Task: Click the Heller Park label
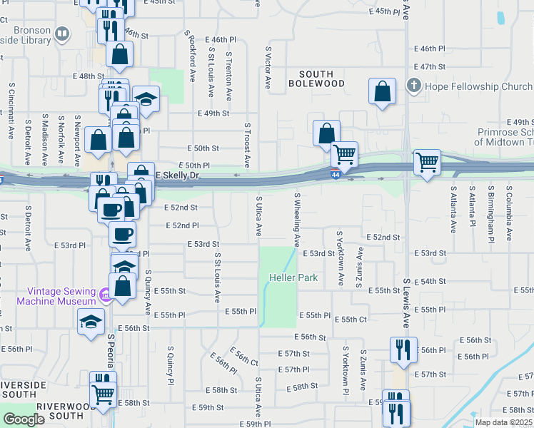click(293, 277)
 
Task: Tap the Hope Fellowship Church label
click(478, 87)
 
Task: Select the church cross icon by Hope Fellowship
click(413, 87)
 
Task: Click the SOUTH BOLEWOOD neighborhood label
click(321, 78)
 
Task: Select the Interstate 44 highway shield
click(335, 174)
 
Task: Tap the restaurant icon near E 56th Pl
click(403, 350)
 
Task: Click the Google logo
click(24, 419)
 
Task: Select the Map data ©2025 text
click(503, 422)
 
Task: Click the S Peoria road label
click(111, 350)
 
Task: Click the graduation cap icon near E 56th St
click(91, 322)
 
